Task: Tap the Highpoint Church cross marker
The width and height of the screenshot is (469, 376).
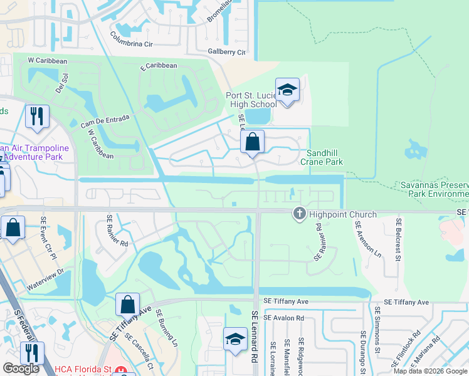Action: point(299,214)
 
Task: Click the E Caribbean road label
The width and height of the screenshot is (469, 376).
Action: point(159,66)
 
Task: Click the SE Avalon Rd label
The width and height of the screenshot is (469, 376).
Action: point(283,318)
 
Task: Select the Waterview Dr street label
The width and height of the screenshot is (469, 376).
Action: point(45,280)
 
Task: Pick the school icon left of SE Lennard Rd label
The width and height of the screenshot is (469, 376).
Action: point(235,340)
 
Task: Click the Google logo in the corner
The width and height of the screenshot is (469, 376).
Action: point(21,368)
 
